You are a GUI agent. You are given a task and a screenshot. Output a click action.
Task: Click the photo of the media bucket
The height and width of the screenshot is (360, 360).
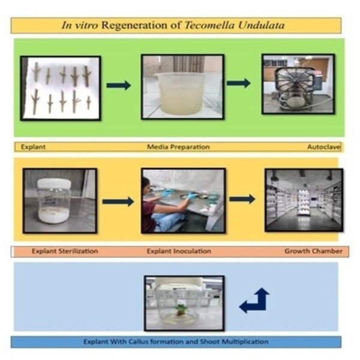[182, 88]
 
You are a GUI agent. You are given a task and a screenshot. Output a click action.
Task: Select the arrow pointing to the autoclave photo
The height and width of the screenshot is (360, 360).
[238, 83]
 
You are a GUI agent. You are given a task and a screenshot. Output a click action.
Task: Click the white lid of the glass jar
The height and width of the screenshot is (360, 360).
[55, 183]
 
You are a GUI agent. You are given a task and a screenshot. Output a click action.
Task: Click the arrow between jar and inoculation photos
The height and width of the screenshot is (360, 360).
[118, 201]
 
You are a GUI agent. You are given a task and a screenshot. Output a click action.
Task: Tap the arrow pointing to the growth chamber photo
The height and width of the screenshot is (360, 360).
[242, 199]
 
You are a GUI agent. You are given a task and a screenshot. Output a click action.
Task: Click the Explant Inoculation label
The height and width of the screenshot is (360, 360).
[174, 251]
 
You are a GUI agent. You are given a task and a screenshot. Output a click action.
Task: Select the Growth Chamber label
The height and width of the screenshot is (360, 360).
[313, 251]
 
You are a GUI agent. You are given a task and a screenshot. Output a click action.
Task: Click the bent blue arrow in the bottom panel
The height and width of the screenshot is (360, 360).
[254, 301]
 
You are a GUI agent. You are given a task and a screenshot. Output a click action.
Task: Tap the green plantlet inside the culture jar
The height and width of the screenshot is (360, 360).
[180, 310]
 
